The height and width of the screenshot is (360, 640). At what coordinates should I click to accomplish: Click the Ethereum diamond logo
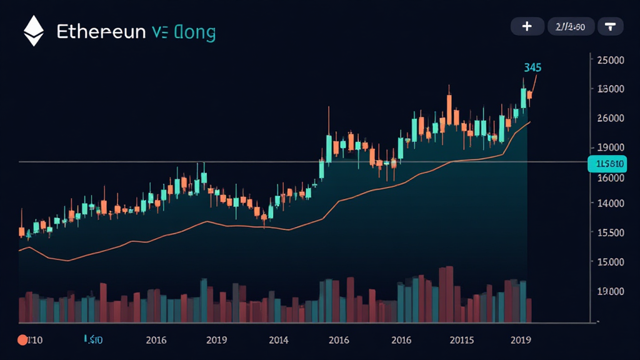[x=33, y=31]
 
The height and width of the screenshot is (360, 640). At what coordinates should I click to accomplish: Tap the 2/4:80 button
[x=571, y=26]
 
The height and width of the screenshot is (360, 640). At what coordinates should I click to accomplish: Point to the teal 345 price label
[x=533, y=67]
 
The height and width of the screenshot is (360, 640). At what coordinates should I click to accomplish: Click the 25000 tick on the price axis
[x=611, y=60]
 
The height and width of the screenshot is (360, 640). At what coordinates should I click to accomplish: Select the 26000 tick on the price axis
[x=611, y=117]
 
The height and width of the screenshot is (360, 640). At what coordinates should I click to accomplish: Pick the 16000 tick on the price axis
[x=611, y=177]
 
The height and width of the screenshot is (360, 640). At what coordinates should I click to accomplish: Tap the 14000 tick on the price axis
[x=611, y=203]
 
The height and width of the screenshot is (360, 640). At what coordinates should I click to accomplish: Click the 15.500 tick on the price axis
[x=611, y=232]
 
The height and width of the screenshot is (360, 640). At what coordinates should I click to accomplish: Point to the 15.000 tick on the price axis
[x=611, y=261]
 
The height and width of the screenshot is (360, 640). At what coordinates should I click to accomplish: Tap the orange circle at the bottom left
[x=22, y=341]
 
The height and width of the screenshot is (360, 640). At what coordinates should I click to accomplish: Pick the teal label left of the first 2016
[x=94, y=341]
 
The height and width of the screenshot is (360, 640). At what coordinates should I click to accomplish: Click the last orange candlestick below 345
[x=530, y=95]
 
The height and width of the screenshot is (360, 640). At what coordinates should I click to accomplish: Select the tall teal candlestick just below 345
[x=524, y=98]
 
